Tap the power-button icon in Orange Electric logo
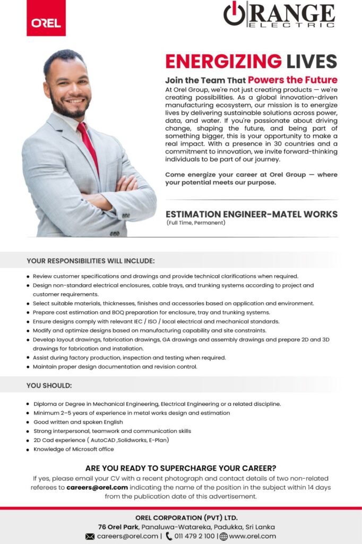234,13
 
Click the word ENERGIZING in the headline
223,61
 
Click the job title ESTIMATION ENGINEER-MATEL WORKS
251,214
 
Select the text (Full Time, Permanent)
196,223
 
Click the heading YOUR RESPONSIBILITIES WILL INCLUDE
91,261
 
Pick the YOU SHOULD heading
49,385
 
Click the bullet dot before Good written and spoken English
28,422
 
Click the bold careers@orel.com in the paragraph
97,487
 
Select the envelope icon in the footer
90,536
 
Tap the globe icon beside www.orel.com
223,536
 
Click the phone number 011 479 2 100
195,536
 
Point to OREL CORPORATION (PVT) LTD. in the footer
186,517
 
